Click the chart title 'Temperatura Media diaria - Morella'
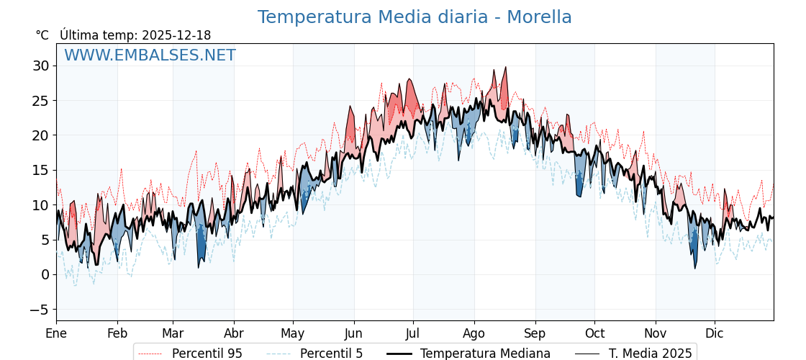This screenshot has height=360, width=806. pyautogui.click(x=415, y=17)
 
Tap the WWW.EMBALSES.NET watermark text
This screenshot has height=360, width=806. pyautogui.click(x=150, y=55)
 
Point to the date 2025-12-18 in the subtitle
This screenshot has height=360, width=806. pyautogui.click(x=176, y=35)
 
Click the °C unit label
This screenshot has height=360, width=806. pyautogui.click(x=42, y=35)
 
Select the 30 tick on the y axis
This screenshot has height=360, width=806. pyautogui.click(x=40, y=66)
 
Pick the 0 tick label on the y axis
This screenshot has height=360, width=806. pyautogui.click(x=45, y=275)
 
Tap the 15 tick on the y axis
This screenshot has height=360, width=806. pyautogui.click(x=40, y=171)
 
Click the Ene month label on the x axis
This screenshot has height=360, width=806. pyautogui.click(x=56, y=333)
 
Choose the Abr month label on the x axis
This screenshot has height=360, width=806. pyautogui.click(x=234, y=333)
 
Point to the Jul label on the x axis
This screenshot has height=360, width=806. pyautogui.click(x=413, y=333)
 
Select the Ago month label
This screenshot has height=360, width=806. pyautogui.click(x=474, y=333)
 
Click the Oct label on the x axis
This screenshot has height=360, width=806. pyautogui.click(x=594, y=333)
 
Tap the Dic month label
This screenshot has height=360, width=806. pyautogui.click(x=715, y=333)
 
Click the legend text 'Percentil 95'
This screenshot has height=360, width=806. pyautogui.click(x=207, y=354)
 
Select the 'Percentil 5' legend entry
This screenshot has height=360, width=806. pyautogui.click(x=331, y=354)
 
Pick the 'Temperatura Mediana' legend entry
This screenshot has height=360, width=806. pyautogui.click(x=485, y=354)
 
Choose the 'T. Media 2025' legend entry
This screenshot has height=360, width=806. pyautogui.click(x=650, y=354)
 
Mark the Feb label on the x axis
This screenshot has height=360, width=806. pyautogui.click(x=117, y=333)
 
